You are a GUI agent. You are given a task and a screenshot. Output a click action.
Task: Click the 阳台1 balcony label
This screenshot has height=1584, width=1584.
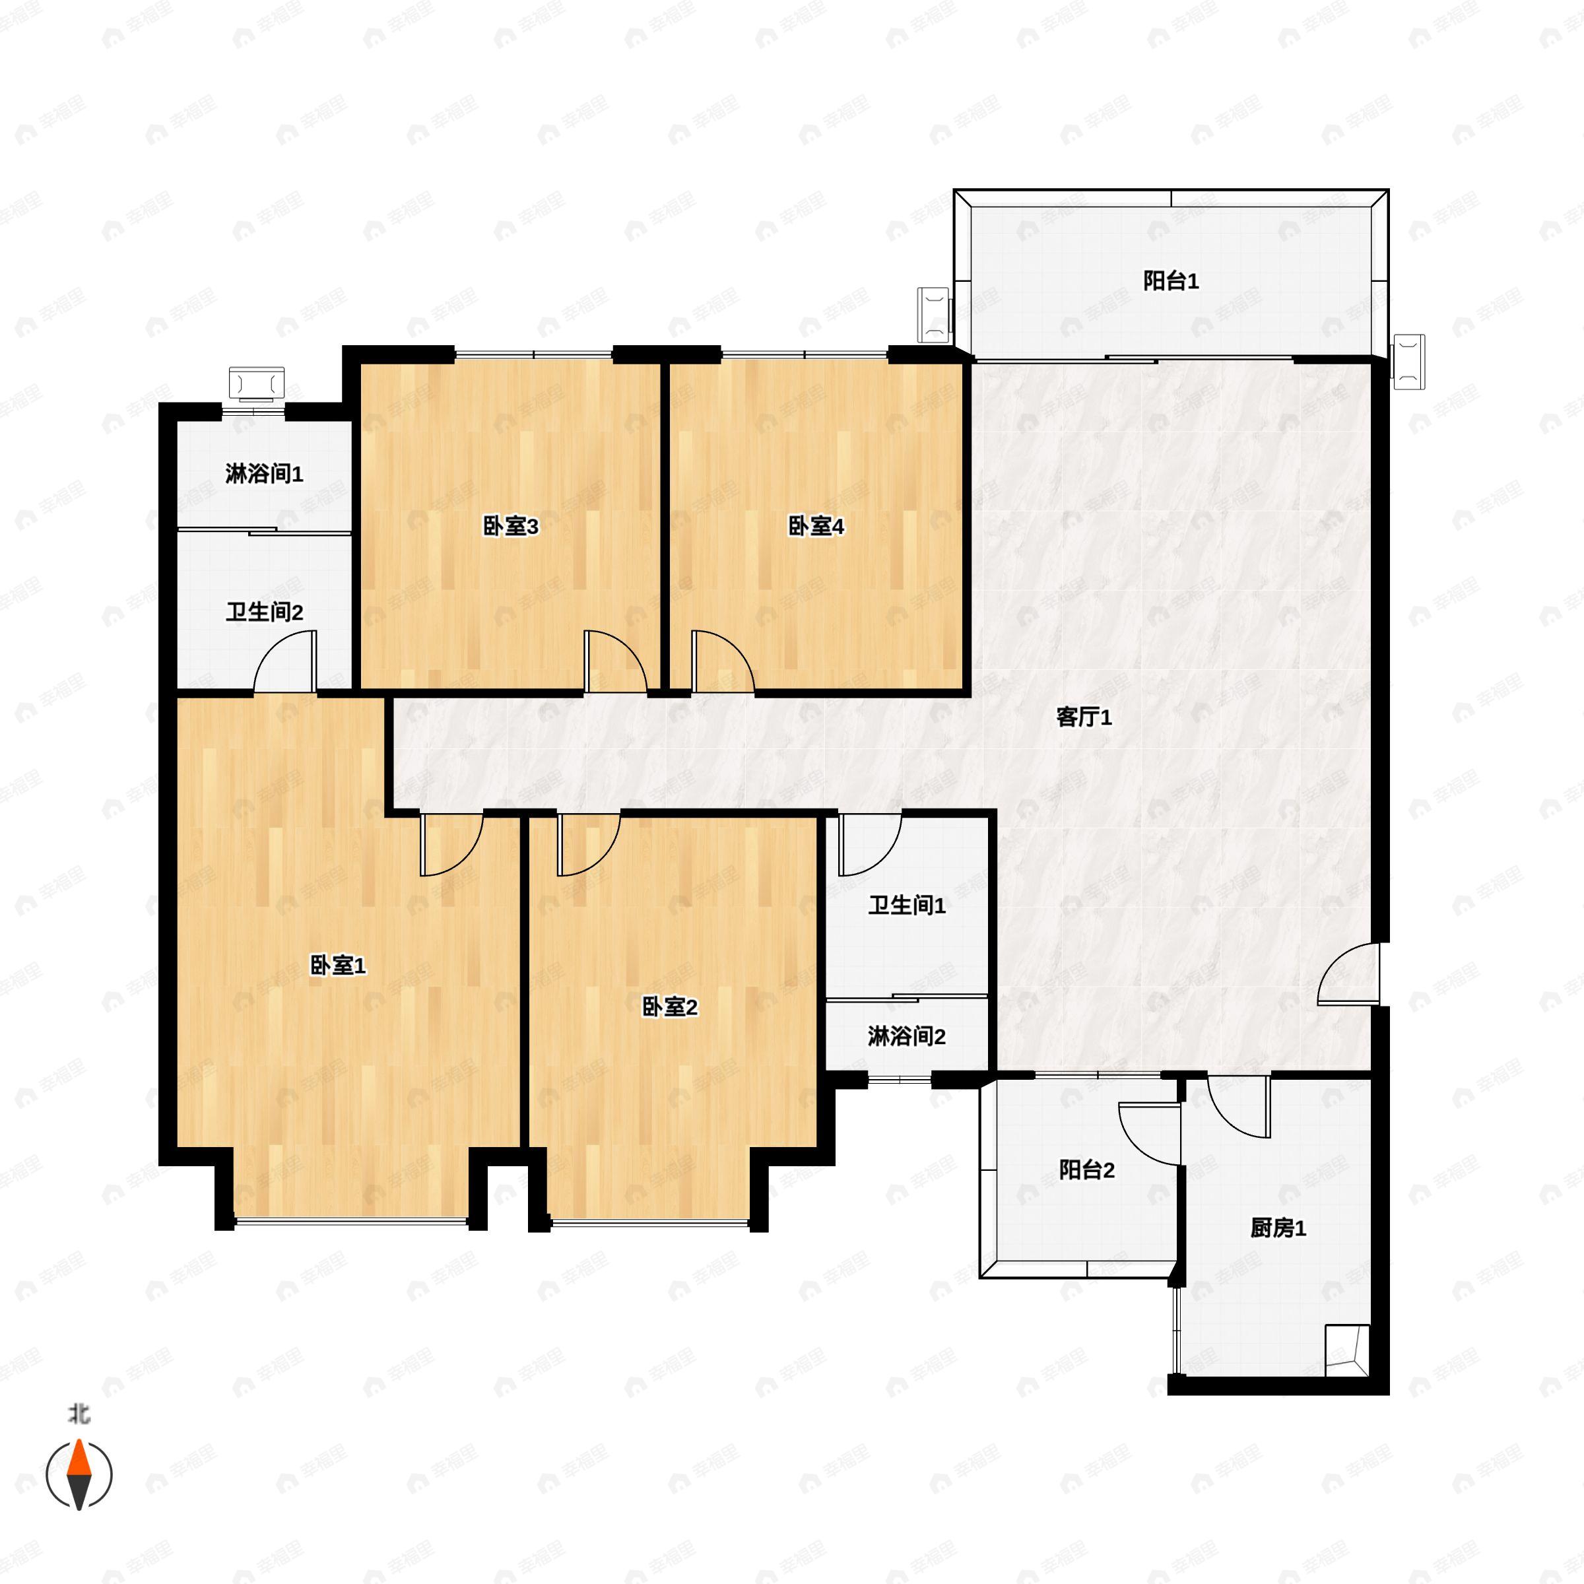(x=1171, y=281)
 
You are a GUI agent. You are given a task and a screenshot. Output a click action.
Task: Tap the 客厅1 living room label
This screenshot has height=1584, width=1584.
(x=1084, y=717)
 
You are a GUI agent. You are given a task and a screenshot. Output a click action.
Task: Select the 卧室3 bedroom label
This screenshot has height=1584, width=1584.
(x=510, y=527)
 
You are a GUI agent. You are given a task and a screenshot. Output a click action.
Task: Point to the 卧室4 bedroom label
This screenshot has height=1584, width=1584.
(x=816, y=527)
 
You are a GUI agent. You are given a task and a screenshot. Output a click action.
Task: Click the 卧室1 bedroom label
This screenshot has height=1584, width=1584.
(x=338, y=966)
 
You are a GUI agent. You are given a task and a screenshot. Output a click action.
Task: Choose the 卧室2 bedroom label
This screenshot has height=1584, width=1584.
(x=669, y=1006)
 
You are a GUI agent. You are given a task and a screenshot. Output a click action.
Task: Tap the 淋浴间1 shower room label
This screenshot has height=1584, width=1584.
(x=264, y=474)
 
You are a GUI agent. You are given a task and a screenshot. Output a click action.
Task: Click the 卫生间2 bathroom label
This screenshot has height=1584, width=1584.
(x=264, y=612)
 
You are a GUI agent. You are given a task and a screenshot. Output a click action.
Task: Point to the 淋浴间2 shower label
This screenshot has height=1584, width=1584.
(x=907, y=1036)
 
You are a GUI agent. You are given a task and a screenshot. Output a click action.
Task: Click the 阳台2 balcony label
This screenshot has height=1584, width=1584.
(x=1086, y=1170)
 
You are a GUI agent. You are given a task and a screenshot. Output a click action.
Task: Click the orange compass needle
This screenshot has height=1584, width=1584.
(x=79, y=1465)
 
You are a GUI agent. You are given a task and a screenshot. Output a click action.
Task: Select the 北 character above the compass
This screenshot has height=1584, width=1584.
(x=79, y=1414)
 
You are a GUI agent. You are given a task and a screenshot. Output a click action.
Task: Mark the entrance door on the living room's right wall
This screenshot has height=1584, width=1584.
(x=1348, y=973)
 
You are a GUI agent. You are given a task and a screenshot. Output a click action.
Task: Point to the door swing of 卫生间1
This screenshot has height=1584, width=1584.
(x=871, y=843)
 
